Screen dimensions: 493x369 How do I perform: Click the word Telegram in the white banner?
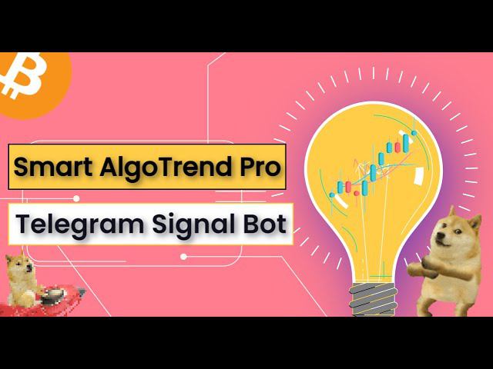point(80,224)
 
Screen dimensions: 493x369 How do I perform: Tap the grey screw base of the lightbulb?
point(373,299)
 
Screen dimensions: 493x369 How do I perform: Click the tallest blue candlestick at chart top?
point(406,144)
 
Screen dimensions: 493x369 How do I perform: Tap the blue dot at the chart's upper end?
point(414,133)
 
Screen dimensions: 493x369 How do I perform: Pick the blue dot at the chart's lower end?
point(332,194)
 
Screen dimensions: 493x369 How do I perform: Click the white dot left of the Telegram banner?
point(76,198)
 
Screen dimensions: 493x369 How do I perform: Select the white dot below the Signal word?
point(183,257)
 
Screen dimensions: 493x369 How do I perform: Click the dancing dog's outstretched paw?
point(415,269)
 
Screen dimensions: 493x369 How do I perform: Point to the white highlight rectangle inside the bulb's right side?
point(419,176)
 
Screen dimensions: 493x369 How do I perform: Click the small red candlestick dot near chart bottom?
point(356,193)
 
